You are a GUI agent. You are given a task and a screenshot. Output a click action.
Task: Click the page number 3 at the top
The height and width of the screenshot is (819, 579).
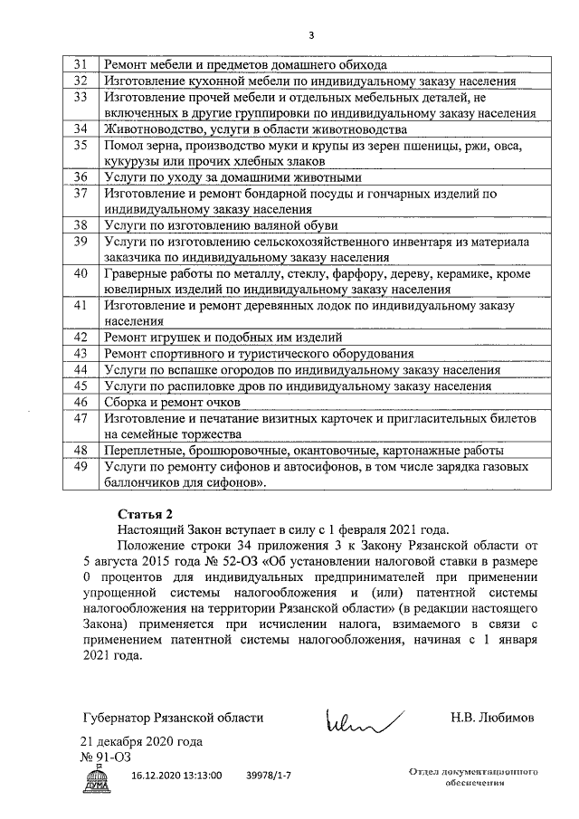(x=312, y=34)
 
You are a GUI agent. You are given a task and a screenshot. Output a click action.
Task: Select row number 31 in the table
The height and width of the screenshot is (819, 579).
(x=80, y=65)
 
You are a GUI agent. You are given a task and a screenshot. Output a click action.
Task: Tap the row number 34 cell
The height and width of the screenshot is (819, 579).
(x=80, y=129)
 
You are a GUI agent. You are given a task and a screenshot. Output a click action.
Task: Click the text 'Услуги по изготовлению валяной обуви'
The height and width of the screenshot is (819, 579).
(x=221, y=225)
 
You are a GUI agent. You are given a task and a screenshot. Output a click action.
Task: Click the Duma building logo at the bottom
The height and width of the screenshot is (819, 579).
(x=97, y=779)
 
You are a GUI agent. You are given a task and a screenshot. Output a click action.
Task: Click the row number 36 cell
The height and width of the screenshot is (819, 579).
(x=80, y=177)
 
